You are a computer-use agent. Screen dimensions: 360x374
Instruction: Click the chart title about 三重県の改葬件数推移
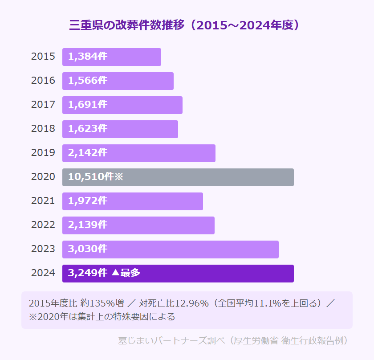pyautogui.click(x=184, y=25)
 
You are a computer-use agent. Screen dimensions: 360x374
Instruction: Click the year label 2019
pyautogui.click(x=43, y=153)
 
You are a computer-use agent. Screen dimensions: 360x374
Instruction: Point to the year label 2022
pyautogui.click(x=43, y=225)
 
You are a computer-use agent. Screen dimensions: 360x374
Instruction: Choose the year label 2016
pyautogui.click(x=43, y=81)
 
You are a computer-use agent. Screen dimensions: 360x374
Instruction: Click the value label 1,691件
pyautogui.click(x=88, y=105)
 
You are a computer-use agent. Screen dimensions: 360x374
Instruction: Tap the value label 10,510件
pyautogui.click(x=91, y=177)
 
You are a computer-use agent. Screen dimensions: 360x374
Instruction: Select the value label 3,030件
pyautogui.click(x=88, y=249)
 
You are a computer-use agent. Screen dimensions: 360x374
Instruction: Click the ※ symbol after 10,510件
pyautogui.click(x=118, y=177)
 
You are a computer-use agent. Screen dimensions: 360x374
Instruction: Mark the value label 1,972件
pyautogui.click(x=88, y=201)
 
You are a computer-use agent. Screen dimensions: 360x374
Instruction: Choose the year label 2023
pyautogui.click(x=43, y=249)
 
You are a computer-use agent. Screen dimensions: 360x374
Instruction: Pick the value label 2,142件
pyautogui.click(x=88, y=153)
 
